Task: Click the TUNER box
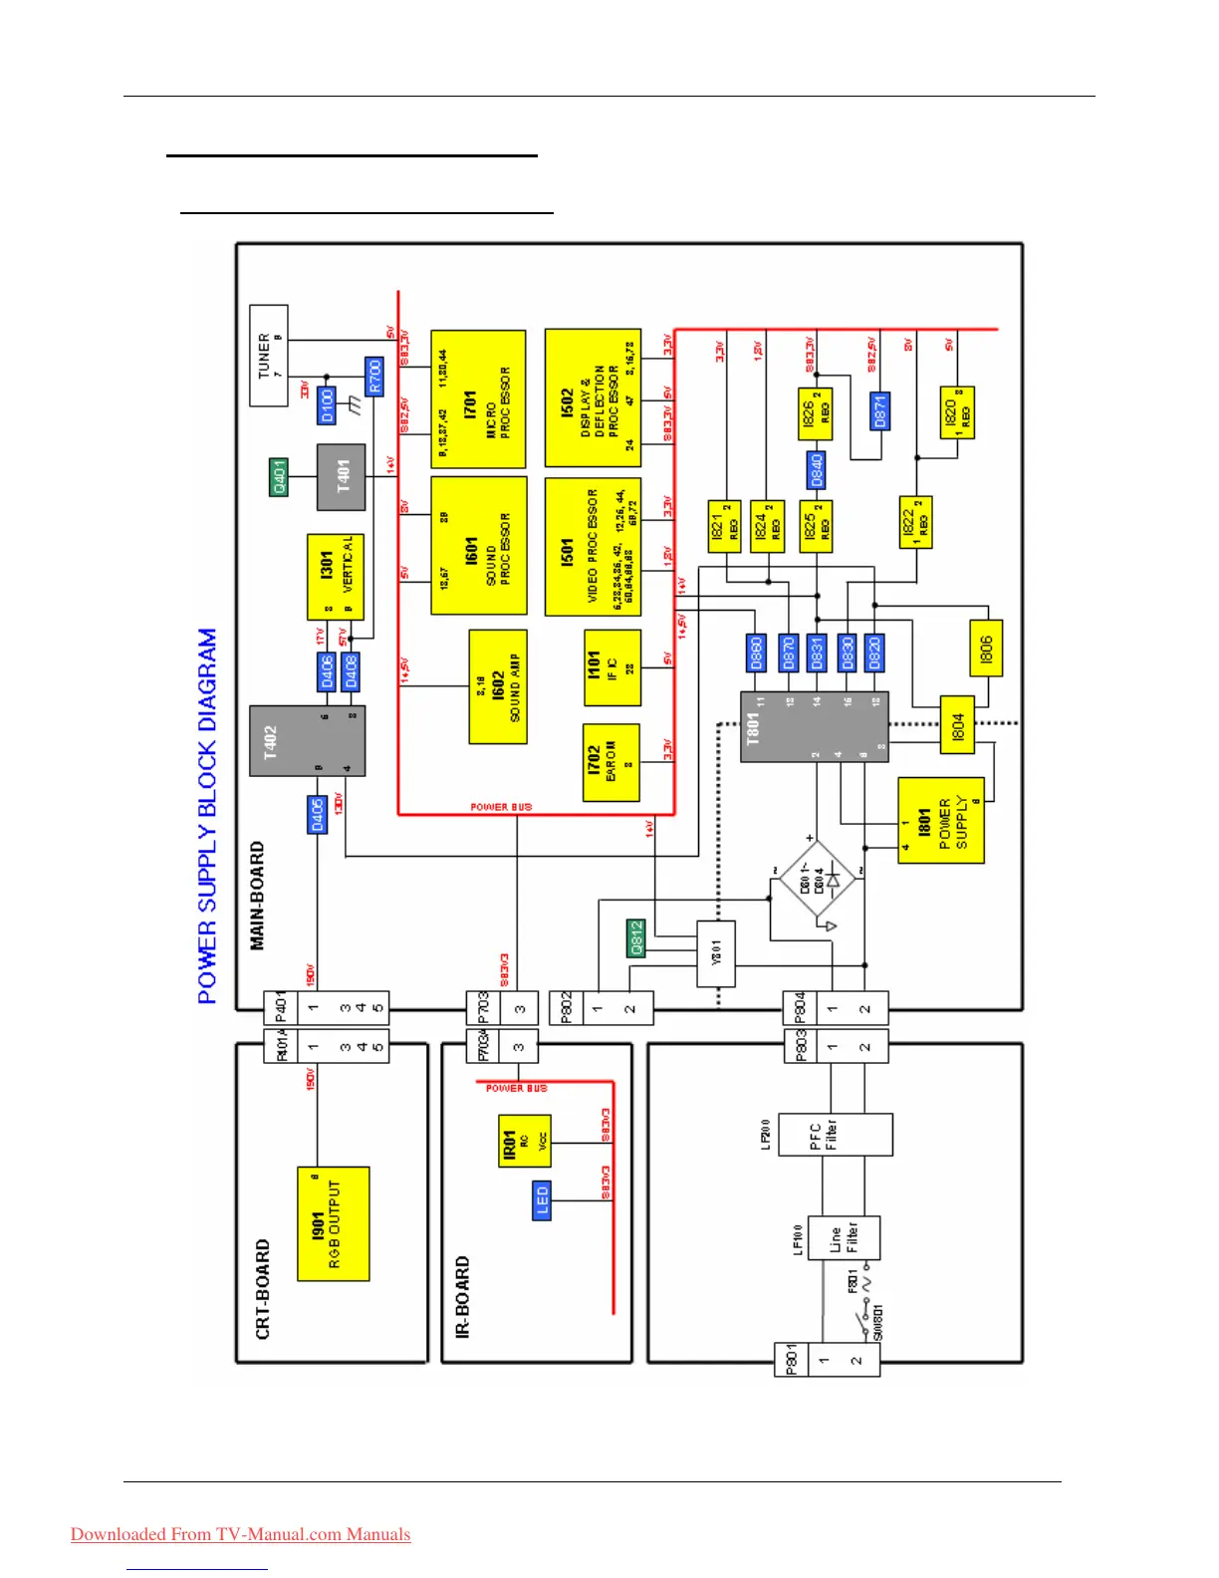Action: [x=268, y=355]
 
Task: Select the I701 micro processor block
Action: [x=478, y=399]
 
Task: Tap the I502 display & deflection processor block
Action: [x=592, y=398]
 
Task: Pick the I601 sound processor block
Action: [x=478, y=546]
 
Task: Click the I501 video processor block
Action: [x=592, y=546]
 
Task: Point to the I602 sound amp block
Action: [x=498, y=686]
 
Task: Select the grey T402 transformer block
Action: [x=307, y=740]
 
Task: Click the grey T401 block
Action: [x=342, y=476]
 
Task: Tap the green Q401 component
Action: [x=279, y=476]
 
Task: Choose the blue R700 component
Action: [x=374, y=377]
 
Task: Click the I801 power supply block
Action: [x=940, y=820]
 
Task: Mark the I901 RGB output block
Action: [x=333, y=1223]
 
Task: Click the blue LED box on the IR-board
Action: [x=542, y=1200]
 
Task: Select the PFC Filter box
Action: [x=835, y=1134]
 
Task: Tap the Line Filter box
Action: [x=843, y=1237]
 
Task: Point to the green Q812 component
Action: [x=636, y=937]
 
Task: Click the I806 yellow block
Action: [x=985, y=649]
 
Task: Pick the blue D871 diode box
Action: [x=879, y=410]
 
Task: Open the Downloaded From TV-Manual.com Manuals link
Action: [x=240, y=1534]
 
